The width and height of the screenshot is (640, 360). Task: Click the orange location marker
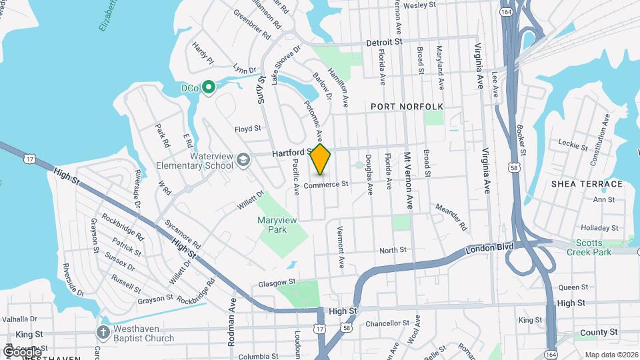(x=320, y=159)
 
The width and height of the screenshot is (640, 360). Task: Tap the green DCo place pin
(x=209, y=87)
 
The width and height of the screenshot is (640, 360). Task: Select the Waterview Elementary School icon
(x=244, y=159)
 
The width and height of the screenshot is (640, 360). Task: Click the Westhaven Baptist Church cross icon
(x=103, y=332)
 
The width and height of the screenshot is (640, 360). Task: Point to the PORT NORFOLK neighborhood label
(x=406, y=107)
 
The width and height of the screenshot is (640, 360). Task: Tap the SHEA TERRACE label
(x=587, y=184)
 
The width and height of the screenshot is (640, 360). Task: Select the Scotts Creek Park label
(x=589, y=247)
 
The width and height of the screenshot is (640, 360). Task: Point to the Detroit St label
(x=385, y=41)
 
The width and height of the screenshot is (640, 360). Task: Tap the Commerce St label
(x=326, y=184)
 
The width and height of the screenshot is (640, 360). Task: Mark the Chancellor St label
(x=387, y=323)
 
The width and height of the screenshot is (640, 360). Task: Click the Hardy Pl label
(x=203, y=53)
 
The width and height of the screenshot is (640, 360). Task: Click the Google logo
(x=21, y=351)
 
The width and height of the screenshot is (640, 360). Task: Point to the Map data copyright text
(x=611, y=354)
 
